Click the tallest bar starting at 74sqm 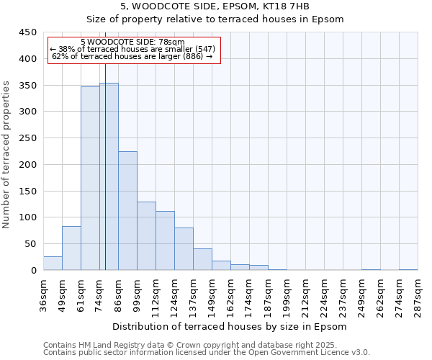click(x=109, y=176)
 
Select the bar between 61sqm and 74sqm click(x=90, y=179)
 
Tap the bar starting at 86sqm click(x=127, y=211)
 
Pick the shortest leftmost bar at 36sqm click(x=53, y=264)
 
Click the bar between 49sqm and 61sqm click(x=71, y=248)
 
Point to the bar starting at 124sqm click(x=184, y=249)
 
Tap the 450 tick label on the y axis click(x=28, y=32)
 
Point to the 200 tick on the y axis click(x=28, y=165)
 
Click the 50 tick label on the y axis click(x=31, y=244)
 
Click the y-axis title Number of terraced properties click(x=7, y=155)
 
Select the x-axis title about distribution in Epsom click(x=230, y=326)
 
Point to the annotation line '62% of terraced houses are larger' click(x=132, y=56)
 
